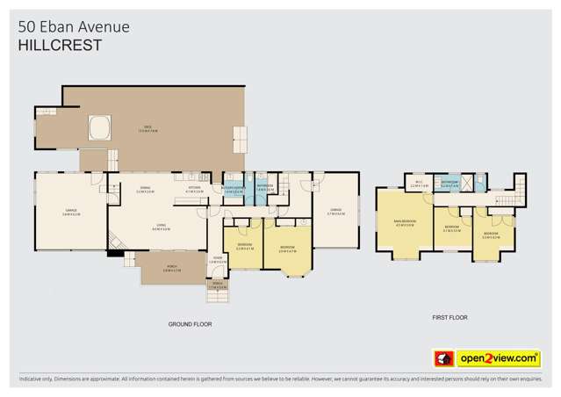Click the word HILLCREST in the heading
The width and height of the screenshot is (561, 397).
[59, 45]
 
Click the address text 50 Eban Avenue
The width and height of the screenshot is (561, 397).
[73, 26]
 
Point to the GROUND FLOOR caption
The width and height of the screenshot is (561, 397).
[191, 324]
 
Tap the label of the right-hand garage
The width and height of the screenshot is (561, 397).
[334, 210]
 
